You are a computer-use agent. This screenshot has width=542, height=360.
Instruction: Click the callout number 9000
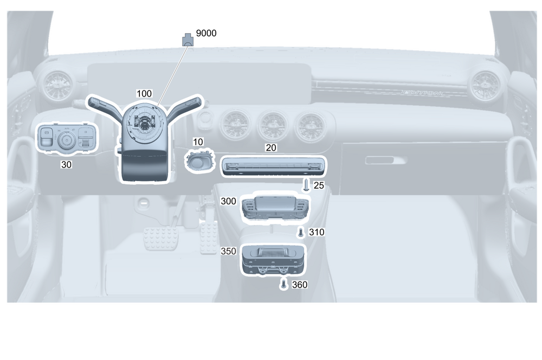[x=206, y=34]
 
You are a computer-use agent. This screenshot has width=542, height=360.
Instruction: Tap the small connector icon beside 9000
[x=187, y=39]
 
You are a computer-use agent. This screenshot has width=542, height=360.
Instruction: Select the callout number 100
[x=144, y=94]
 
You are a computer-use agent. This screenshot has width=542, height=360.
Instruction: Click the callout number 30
[x=66, y=164]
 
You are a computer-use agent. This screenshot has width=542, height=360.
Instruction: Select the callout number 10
[x=198, y=142]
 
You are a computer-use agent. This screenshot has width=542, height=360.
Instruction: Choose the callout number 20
[x=271, y=147]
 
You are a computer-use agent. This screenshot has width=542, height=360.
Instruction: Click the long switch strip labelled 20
[x=274, y=166]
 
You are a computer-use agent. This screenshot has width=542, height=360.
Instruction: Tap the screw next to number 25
[x=306, y=185]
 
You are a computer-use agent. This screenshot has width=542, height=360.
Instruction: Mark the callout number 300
[x=229, y=201]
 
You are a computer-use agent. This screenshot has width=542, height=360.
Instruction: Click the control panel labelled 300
[x=275, y=207]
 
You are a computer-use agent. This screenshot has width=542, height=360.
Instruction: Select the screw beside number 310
[x=301, y=233]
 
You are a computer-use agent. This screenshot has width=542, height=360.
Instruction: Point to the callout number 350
[x=229, y=252]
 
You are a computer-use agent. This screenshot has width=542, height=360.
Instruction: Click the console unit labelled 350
[x=273, y=259]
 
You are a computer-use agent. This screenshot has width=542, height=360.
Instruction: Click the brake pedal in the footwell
[x=161, y=237]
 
